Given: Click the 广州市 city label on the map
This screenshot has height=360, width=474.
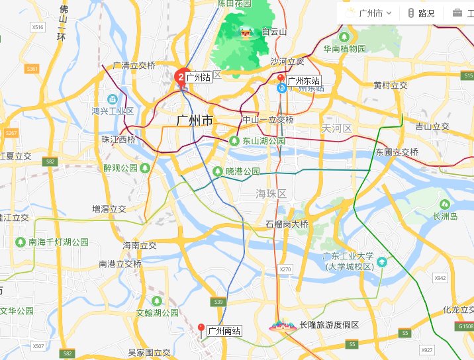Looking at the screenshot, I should (195, 120).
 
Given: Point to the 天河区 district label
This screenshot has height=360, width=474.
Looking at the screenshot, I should (334, 126).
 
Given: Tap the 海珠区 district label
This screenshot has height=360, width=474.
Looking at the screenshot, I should (271, 193).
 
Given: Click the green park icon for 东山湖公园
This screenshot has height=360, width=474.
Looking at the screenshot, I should (234, 141).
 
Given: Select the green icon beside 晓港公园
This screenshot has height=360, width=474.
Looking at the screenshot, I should (218, 171).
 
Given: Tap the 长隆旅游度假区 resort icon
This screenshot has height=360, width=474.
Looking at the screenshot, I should (283, 326).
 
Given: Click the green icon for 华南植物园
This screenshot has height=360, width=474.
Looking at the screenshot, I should (345, 37).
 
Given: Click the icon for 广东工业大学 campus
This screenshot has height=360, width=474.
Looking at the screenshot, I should (381, 263).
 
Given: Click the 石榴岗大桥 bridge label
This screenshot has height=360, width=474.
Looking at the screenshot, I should (287, 224).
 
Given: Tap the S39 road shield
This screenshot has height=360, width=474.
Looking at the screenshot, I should (218, 302).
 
